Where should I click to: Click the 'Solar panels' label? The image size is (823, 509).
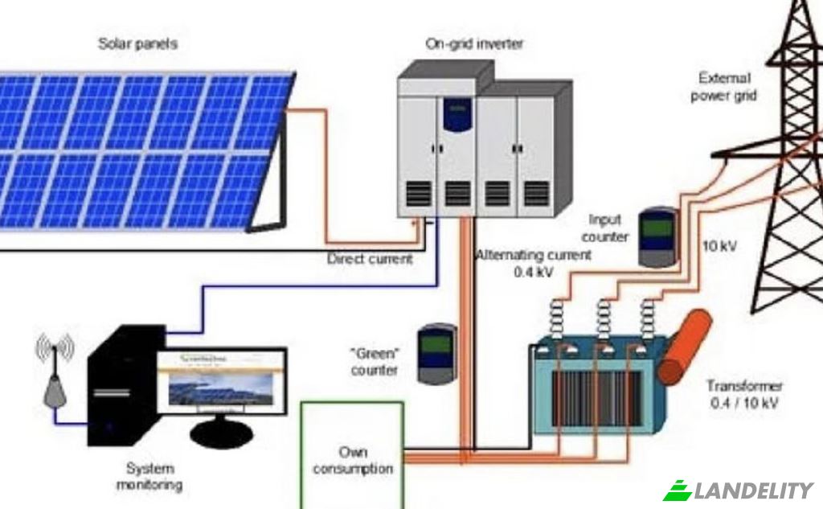pos(137,43)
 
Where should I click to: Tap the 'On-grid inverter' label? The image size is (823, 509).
pos(473,43)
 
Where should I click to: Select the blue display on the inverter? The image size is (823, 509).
pos(457,114)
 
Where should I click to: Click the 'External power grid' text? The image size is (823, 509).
pos(725,87)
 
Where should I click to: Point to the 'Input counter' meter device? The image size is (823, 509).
pos(656,237)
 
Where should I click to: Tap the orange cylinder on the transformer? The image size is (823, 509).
pos(684,346)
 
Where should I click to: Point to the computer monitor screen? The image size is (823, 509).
pos(221,383)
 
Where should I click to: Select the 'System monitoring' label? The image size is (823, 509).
pos(149,476)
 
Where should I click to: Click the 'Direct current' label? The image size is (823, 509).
pos(369,259)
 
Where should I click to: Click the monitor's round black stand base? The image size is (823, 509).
pos(221,436)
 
